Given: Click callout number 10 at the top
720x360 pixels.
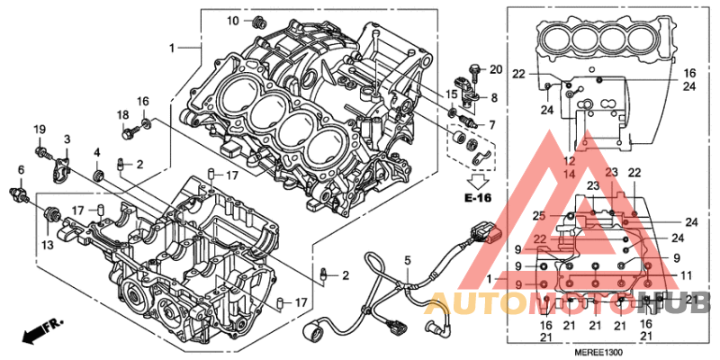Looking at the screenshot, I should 232,20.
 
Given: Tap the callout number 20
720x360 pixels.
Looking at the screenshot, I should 495,69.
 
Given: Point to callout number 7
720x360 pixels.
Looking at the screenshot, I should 491,124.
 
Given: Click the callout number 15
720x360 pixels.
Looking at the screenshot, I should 452,94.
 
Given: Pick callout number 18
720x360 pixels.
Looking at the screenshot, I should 122,114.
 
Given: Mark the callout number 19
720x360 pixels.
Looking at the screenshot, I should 40,131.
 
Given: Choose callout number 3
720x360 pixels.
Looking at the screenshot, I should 67,139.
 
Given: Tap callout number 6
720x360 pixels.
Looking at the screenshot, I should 20,170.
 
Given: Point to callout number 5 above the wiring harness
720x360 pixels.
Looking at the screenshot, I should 407,261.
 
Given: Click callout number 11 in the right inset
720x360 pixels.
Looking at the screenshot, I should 685,275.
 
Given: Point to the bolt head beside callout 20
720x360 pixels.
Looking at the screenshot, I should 474,68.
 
